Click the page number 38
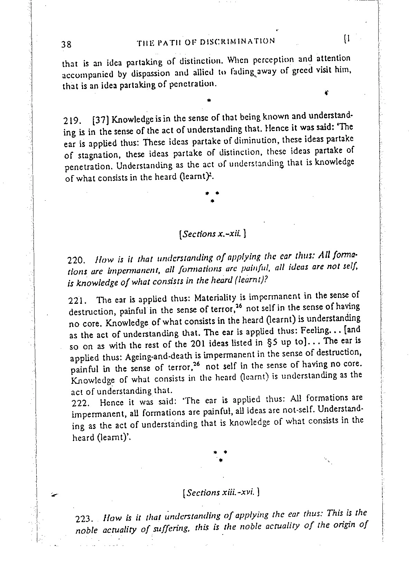click(66, 44)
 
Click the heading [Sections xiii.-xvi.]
click(221, 492)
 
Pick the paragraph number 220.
click(75, 259)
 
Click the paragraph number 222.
click(80, 403)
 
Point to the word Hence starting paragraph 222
click(111, 402)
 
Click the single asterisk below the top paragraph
click(208, 101)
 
